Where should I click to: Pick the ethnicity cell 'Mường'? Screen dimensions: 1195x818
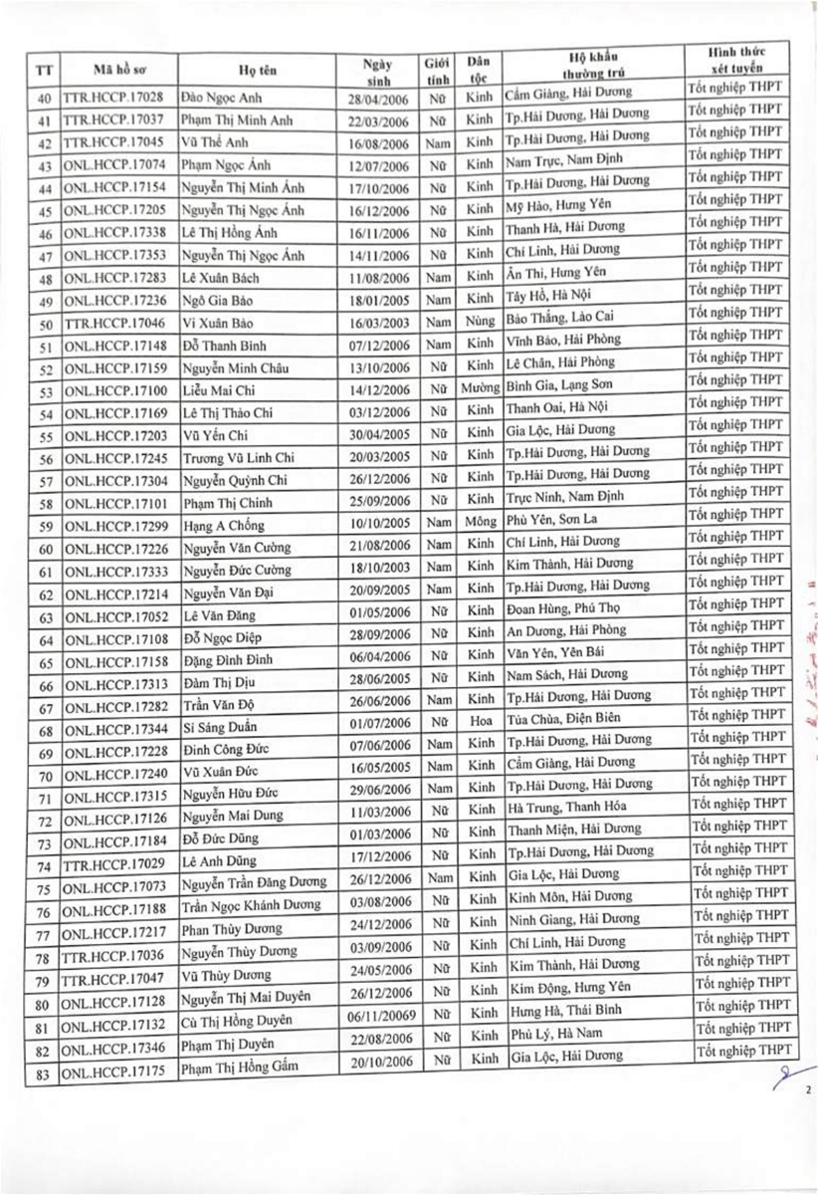coord(482,384)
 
